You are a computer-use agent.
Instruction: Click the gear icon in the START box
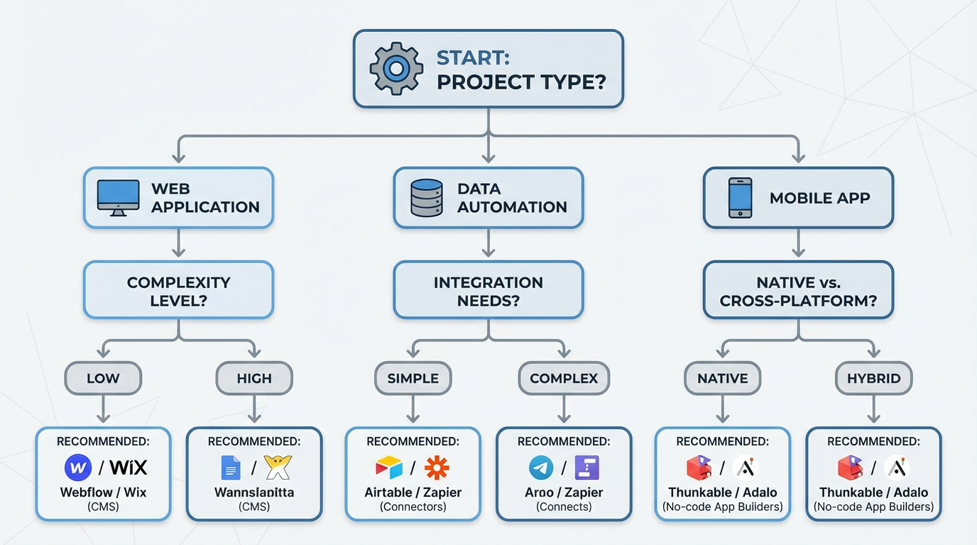tap(396, 69)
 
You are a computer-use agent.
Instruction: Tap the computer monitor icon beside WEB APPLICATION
tap(118, 198)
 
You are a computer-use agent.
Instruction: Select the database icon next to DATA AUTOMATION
tap(427, 198)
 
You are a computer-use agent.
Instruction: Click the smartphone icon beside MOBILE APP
tap(740, 198)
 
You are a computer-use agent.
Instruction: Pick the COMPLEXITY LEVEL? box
tap(178, 291)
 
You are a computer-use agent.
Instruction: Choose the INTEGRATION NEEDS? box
tap(488, 291)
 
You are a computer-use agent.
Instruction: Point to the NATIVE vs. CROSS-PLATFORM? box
tap(798, 291)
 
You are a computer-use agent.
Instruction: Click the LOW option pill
tap(103, 378)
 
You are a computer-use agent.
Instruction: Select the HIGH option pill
tap(254, 378)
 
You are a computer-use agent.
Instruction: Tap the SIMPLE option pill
tap(413, 378)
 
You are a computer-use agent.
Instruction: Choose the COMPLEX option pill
tap(564, 378)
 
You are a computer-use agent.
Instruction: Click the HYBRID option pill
tap(873, 378)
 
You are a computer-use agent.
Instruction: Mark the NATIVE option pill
tap(722, 378)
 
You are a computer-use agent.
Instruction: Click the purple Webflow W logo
tap(78, 468)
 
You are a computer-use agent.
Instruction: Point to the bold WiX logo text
tap(129, 468)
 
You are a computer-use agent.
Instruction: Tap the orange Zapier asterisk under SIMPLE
tap(437, 468)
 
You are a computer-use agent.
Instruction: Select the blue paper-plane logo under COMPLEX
tap(541, 468)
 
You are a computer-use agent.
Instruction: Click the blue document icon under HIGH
tap(231, 468)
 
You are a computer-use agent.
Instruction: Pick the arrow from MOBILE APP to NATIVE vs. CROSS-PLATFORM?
tap(798, 244)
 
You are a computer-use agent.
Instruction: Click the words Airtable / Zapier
tap(413, 492)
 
